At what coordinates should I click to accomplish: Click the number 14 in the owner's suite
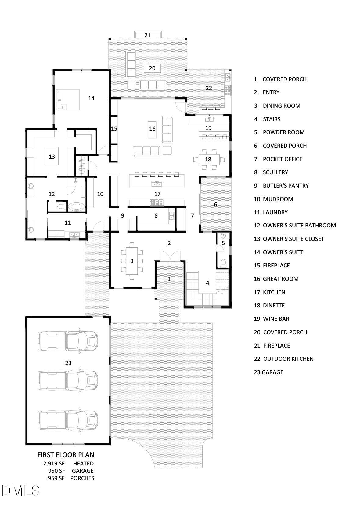pyautogui.click(x=91, y=98)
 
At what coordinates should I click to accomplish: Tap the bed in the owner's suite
pyautogui.click(x=68, y=100)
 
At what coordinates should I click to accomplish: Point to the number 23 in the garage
pyautogui.click(x=68, y=363)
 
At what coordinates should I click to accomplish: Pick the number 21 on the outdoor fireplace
pyautogui.click(x=148, y=35)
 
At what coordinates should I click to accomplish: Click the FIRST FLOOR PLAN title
pyautogui.click(x=66, y=455)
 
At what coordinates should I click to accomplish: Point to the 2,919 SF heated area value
pyautogui.click(x=54, y=464)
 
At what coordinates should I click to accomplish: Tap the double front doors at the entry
pyautogui.click(x=170, y=256)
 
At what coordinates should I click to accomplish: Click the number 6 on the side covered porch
pyautogui.click(x=215, y=205)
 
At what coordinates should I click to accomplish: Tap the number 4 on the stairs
pyautogui.click(x=207, y=283)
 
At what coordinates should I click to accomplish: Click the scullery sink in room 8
pyautogui.click(x=171, y=215)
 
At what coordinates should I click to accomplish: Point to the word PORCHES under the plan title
pyautogui.click(x=82, y=478)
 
